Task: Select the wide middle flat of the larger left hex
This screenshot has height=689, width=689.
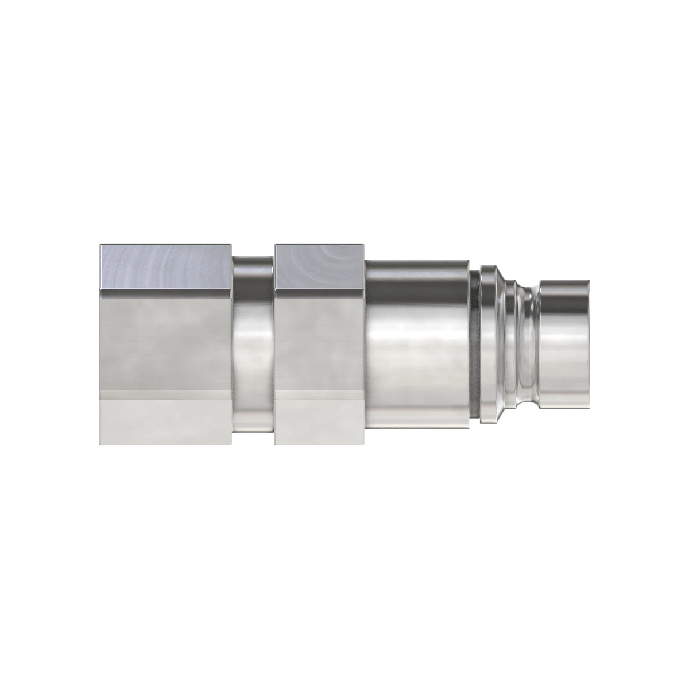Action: (x=165, y=344)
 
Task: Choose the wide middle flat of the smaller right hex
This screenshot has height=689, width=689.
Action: (x=319, y=344)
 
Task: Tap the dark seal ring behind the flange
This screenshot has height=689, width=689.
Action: (x=474, y=344)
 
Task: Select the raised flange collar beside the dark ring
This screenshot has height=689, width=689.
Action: (x=488, y=344)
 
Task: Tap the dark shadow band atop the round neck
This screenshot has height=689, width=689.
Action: (x=253, y=265)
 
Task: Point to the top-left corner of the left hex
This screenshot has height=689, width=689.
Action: (x=101, y=246)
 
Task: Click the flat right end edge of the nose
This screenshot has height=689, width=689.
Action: (x=587, y=344)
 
